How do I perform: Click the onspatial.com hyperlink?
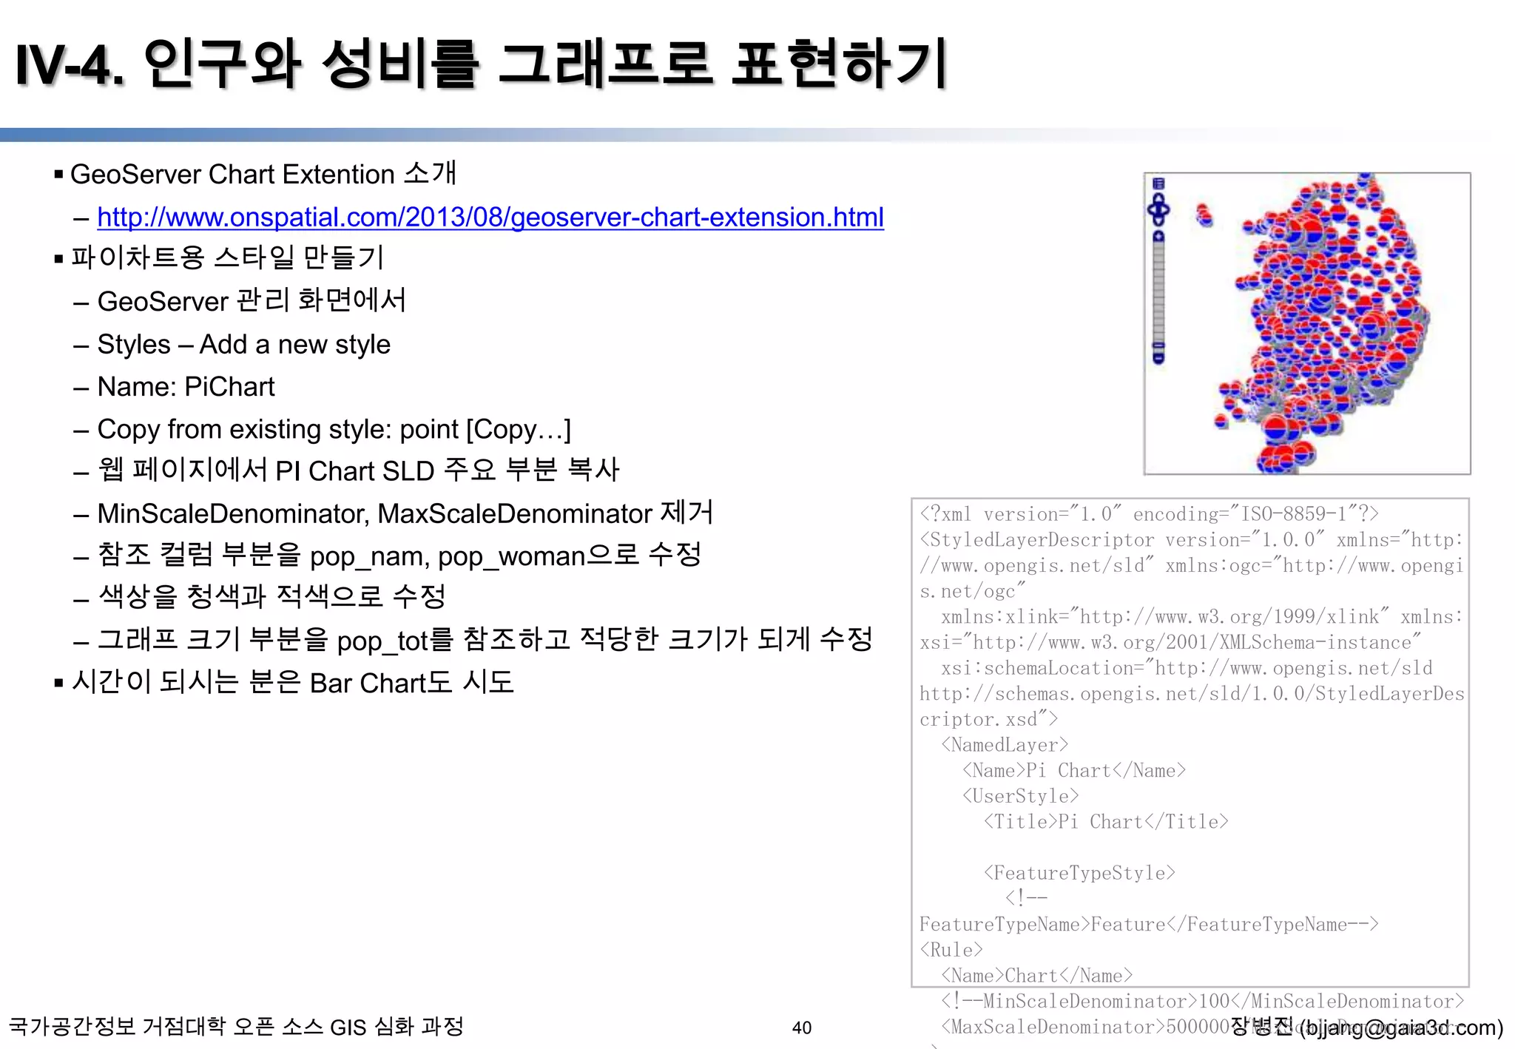pos(490,217)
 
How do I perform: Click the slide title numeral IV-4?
pos(70,65)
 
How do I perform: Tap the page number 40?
pos(801,1028)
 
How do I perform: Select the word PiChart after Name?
pos(229,387)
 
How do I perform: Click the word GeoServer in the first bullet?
pos(135,175)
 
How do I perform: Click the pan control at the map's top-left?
pos(1158,209)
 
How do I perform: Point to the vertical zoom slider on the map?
pos(1158,296)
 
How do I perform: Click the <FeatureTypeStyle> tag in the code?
pos(1079,873)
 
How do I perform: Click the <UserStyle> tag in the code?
pos(1020,796)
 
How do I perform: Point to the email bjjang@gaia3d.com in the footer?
pos(1401,1028)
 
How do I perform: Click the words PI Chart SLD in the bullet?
pos(354,471)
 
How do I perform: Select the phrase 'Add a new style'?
pos(294,345)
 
